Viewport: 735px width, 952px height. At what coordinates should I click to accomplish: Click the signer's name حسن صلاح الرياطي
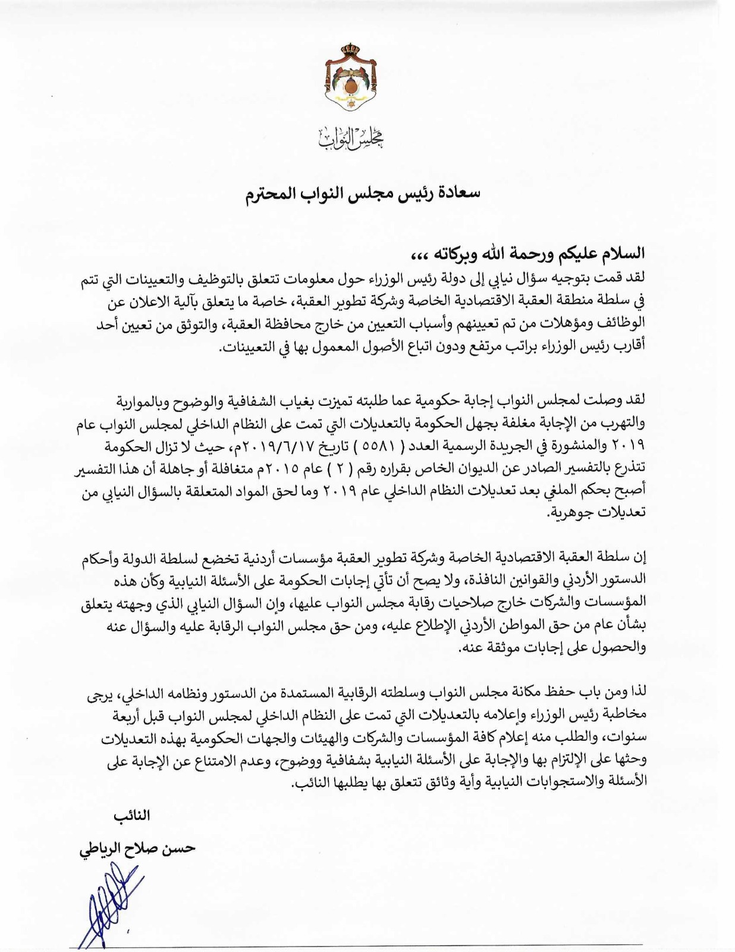(x=137, y=848)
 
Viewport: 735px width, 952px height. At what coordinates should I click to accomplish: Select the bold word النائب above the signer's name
(x=131, y=816)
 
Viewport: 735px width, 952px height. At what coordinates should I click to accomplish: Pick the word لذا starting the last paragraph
(x=637, y=693)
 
